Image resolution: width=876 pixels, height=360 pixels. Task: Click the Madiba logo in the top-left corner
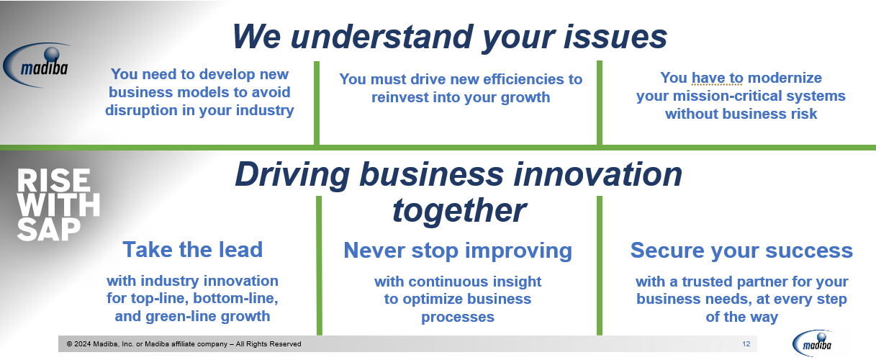(37, 65)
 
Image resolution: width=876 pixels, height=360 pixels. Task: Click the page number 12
(746, 344)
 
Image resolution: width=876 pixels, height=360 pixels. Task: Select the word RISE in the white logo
(53, 181)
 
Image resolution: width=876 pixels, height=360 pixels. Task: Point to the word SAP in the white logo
(49, 229)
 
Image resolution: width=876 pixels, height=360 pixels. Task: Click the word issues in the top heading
(615, 37)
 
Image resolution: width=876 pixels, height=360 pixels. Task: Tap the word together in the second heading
(459, 211)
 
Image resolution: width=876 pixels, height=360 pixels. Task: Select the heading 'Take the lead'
(192, 250)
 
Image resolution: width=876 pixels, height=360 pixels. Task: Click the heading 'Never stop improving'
(458, 251)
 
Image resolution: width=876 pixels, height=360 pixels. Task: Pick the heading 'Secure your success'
(741, 251)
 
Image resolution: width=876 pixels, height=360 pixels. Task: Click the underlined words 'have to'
(717, 78)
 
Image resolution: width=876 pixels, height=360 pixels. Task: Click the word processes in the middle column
(458, 317)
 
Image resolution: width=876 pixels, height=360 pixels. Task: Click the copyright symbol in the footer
(69, 344)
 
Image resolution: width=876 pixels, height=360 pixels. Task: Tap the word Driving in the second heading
(292, 176)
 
